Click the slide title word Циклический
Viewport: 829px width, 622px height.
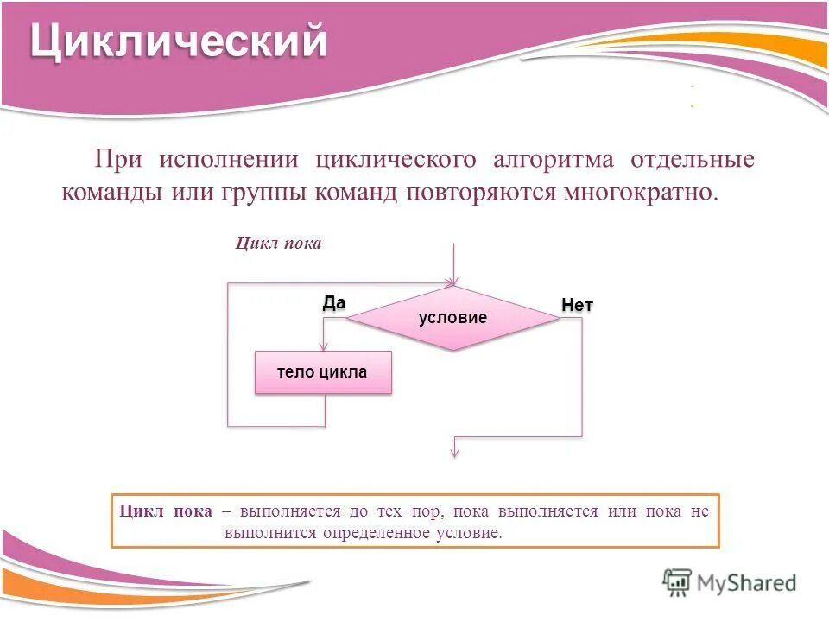179,42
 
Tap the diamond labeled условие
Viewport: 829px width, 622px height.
453,318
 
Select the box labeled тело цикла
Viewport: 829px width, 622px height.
323,373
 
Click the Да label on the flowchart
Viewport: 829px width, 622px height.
333,302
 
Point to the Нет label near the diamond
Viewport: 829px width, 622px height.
577,305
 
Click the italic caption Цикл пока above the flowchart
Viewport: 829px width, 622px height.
278,244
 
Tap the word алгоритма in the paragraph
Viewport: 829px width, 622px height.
554,160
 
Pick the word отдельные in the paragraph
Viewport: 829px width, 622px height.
693,160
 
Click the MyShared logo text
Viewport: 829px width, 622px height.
748,583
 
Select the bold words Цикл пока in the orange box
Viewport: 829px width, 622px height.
166,511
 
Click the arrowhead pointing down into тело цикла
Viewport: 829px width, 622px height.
323,347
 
